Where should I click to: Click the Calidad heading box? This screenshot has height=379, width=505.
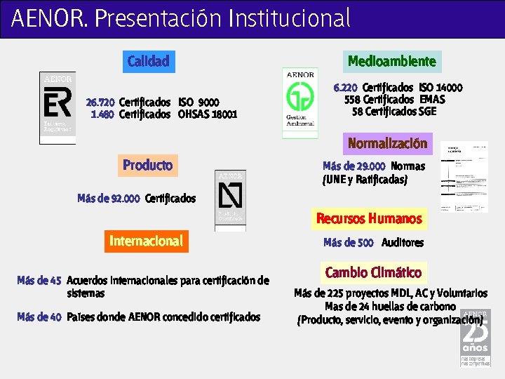pyautogui.click(x=148, y=61)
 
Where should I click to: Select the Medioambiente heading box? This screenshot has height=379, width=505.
pyautogui.click(x=392, y=61)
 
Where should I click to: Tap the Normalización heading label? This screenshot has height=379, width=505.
pyautogui.click(x=387, y=143)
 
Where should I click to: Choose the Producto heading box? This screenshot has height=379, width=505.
pyautogui.click(x=147, y=165)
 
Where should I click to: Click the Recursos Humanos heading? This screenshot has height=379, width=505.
pyautogui.click(x=369, y=218)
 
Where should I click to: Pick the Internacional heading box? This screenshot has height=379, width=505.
pyautogui.click(x=146, y=241)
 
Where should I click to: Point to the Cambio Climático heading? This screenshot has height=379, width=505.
pyautogui.click(x=373, y=272)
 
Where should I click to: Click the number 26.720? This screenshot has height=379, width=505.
pyautogui.click(x=100, y=102)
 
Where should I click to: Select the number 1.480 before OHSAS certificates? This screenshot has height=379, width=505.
pyautogui.click(x=102, y=114)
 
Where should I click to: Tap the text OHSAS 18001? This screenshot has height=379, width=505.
pyautogui.click(x=208, y=114)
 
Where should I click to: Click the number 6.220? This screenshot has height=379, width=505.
pyautogui.click(x=345, y=88)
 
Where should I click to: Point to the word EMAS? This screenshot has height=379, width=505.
pyautogui.click(x=432, y=99)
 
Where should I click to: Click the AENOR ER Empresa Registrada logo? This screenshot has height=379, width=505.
pyautogui.click(x=58, y=107)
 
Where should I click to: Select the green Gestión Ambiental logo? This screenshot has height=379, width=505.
pyautogui.click(x=300, y=102)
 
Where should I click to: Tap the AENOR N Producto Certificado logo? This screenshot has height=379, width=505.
pyautogui.click(x=231, y=200)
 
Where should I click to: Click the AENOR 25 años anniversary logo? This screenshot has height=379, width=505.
pyautogui.click(x=475, y=338)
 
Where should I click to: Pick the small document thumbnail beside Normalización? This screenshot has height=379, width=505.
pyautogui.click(x=464, y=177)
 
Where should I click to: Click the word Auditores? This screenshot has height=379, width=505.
pyautogui.click(x=403, y=243)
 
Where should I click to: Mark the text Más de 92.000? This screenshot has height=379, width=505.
pyautogui.click(x=109, y=199)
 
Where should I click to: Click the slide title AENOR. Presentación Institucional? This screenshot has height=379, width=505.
pyautogui.click(x=181, y=18)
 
